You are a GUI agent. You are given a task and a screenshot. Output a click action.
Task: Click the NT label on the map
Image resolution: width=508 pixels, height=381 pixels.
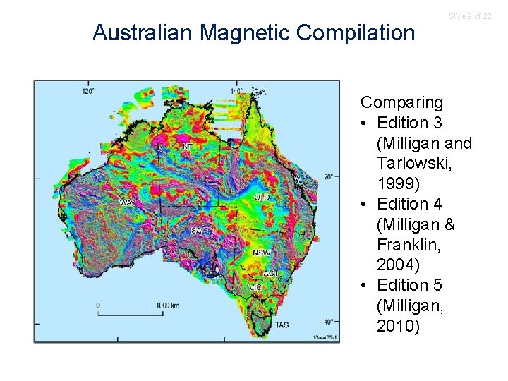(187, 147)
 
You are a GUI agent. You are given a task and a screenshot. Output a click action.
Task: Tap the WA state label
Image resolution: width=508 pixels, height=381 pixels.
(126, 202)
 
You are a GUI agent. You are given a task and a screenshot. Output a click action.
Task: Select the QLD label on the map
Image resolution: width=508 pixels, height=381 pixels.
(261, 198)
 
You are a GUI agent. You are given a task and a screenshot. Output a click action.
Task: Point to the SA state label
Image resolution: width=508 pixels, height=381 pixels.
(197, 231)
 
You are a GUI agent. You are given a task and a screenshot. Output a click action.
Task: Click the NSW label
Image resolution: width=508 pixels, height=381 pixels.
(261, 253)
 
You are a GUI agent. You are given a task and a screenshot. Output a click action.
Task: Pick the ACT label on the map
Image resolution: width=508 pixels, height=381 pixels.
(271, 273)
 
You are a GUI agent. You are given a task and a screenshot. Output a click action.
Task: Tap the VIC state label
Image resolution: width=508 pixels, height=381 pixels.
(255, 288)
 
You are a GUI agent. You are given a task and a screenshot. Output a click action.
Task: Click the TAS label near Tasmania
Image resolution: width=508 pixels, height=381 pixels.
(282, 325)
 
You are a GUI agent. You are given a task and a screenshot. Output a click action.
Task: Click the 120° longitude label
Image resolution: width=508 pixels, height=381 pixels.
(89, 91)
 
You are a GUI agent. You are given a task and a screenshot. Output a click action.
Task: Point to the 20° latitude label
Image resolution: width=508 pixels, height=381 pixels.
(328, 176)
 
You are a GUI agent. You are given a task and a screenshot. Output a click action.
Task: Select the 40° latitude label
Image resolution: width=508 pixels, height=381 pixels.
(328, 322)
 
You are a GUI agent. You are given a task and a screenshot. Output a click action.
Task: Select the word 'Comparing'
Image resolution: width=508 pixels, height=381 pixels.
(401, 102)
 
